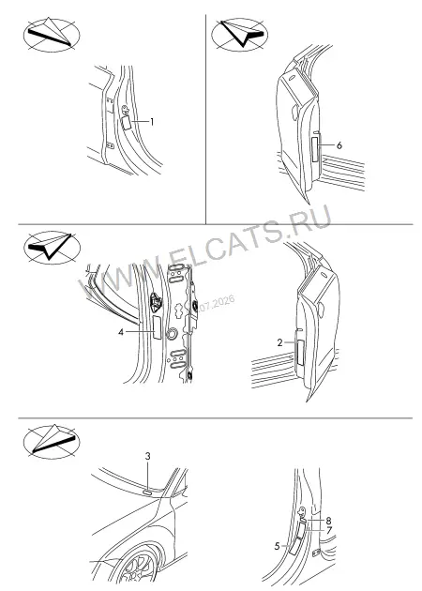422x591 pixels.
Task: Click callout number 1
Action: pyautogui.click(x=152, y=122)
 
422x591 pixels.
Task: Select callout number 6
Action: pyautogui.click(x=339, y=145)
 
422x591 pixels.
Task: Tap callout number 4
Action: pyautogui.click(x=121, y=332)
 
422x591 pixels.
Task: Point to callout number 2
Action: pyautogui.click(x=279, y=342)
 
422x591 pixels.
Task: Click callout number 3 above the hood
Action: pyautogui.click(x=148, y=456)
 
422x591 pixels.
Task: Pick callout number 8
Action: pyautogui.click(x=328, y=521)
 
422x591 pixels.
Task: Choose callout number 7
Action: pyautogui.click(x=329, y=531)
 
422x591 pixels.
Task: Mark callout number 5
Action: pyautogui.click(x=278, y=546)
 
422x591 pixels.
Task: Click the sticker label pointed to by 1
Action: pyautogui.click(x=127, y=123)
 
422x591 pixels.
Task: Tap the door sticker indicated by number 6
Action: pyautogui.click(x=316, y=149)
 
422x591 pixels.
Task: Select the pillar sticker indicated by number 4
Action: pyautogui.click(x=157, y=327)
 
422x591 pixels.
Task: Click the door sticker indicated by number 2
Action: pyautogui.click(x=300, y=353)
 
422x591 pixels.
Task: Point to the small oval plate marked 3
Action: pyautogui.click(x=146, y=492)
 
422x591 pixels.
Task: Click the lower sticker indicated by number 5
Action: pyautogui.click(x=294, y=546)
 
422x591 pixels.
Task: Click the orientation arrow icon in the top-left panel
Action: pyautogui.click(x=52, y=35)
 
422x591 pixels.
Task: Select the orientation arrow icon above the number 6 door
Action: pyautogui.click(x=239, y=35)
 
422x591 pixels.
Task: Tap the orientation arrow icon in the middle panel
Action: pyautogui.click(x=52, y=248)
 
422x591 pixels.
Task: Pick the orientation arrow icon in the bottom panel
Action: pyautogui.click(x=52, y=442)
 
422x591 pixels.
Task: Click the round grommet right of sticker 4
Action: pyautogui.click(x=173, y=334)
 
